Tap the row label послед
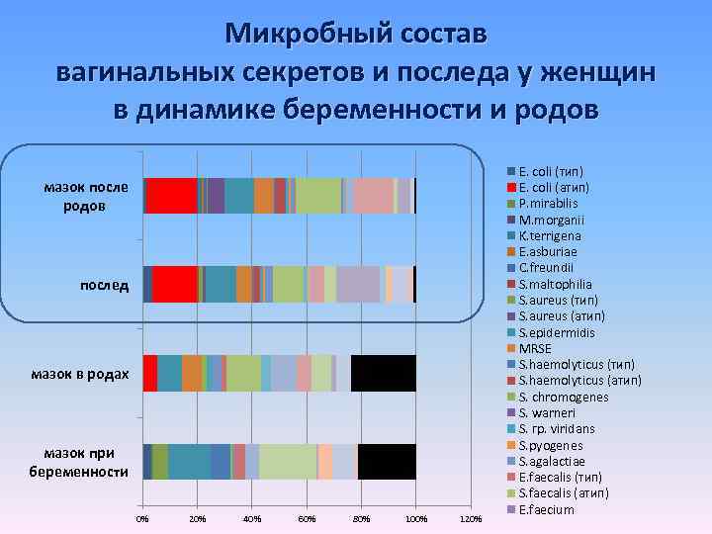pyautogui.click(x=105, y=285)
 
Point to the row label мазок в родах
pyautogui.click(x=80, y=374)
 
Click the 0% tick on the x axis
pyautogui.click(x=142, y=518)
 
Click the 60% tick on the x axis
pyautogui.click(x=307, y=518)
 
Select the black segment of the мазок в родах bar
pyautogui.click(x=383, y=374)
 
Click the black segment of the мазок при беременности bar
pyautogui.click(x=387, y=462)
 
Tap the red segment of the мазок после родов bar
pyautogui.click(x=172, y=196)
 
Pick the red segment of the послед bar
pyautogui.click(x=175, y=285)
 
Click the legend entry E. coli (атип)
pyautogui.click(x=557, y=187)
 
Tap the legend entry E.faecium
pyautogui.click(x=547, y=510)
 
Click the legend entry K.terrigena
pyautogui.click(x=551, y=235)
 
